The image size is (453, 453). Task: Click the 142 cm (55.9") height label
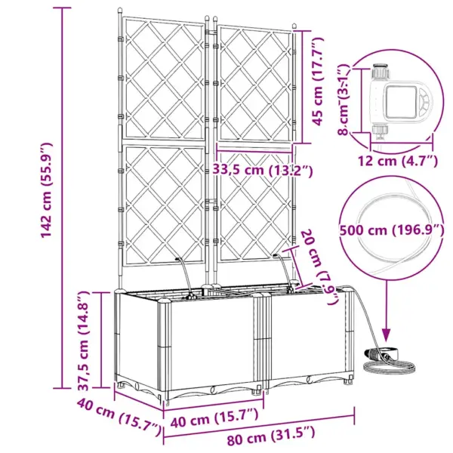(46, 190)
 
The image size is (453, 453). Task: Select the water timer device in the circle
(399, 101)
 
